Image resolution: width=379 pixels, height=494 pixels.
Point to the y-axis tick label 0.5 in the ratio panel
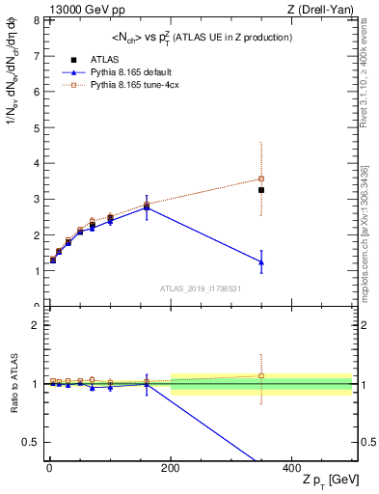pos(31,442)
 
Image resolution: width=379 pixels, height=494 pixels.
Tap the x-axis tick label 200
pos(171,467)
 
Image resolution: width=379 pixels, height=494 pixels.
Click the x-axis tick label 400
pos(292,467)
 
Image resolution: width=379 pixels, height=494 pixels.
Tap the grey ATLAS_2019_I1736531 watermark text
pos(201,288)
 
